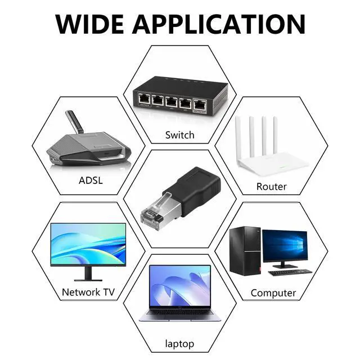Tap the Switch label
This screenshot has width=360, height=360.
179,135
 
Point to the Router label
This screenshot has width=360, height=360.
271,186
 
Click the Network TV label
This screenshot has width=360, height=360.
89,292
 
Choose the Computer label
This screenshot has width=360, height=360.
273,293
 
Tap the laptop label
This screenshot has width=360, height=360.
179,343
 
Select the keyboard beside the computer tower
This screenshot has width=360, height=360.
290,272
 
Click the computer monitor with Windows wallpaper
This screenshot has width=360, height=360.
285,245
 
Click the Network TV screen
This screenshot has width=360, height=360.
88,243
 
